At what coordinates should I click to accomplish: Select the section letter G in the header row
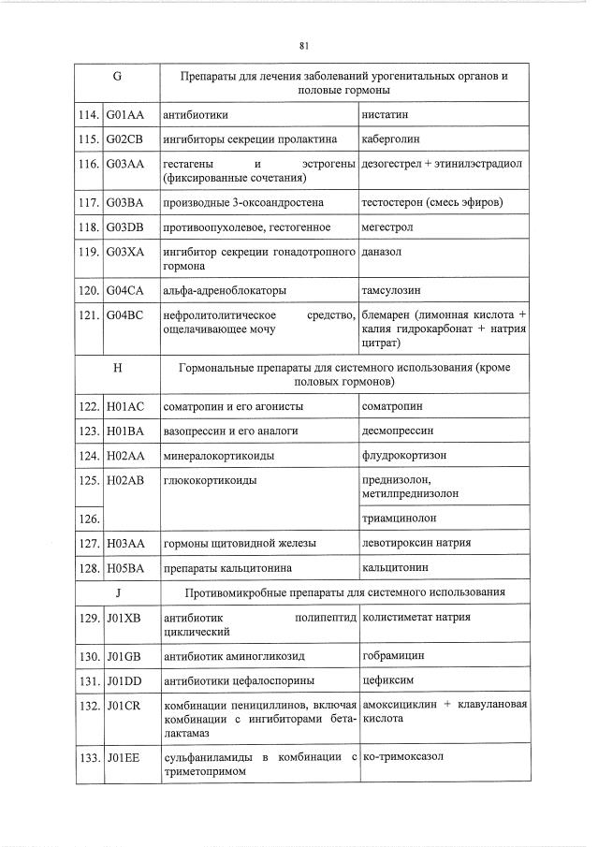[x=117, y=75]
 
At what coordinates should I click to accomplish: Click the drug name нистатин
[x=385, y=115]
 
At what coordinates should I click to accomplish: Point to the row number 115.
[x=89, y=139]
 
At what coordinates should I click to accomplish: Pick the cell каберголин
[x=392, y=139]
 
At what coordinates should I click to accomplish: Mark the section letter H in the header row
[x=117, y=367]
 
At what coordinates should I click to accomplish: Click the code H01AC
[x=124, y=407]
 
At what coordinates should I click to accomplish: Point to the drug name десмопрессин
[x=398, y=431]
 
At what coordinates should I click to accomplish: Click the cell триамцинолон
[x=399, y=518]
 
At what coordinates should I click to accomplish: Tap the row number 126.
[x=89, y=518]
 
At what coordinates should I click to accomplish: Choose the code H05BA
[x=124, y=567]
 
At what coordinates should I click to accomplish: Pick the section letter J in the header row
[x=117, y=592]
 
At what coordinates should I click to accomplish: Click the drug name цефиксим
[x=388, y=680]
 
